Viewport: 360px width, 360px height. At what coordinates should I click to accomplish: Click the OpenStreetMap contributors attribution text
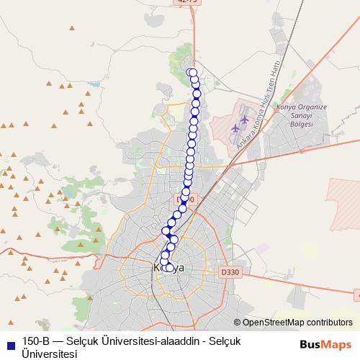[x=297, y=323]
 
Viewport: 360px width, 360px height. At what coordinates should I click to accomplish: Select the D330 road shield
[x=230, y=271]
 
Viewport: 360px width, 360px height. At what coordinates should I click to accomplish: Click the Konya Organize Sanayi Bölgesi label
[x=301, y=115]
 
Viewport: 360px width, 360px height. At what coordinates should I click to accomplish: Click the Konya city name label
[x=170, y=268]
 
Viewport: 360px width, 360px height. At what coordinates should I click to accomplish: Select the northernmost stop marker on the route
[x=192, y=72]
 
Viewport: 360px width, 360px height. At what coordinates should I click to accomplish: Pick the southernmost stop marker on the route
[x=169, y=269]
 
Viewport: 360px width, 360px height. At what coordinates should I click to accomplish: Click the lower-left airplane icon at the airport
[x=236, y=129]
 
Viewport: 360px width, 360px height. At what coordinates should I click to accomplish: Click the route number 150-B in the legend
[x=35, y=342]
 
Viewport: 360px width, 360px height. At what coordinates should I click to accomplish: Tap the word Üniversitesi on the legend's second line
[x=49, y=354]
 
